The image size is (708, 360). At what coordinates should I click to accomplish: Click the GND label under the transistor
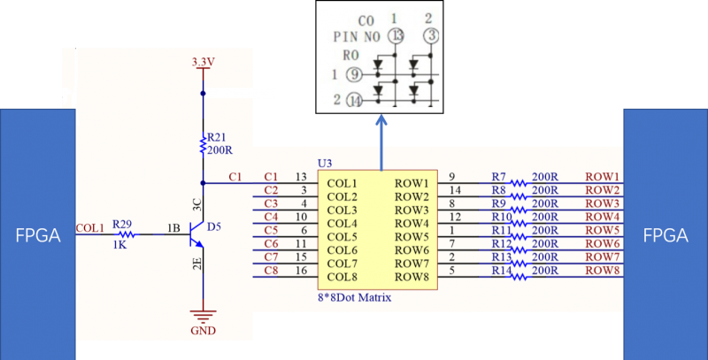click(x=204, y=331)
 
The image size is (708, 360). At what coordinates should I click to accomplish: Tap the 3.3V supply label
click(x=204, y=62)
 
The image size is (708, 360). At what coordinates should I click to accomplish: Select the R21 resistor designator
click(x=217, y=138)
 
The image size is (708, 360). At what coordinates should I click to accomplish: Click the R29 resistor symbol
click(x=127, y=234)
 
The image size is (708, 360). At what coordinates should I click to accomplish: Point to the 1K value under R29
click(x=119, y=246)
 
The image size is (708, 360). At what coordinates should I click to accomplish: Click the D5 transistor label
click(x=214, y=227)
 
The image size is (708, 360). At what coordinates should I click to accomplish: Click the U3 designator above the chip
click(x=325, y=164)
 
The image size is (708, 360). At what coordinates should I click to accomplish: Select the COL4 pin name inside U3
click(x=342, y=223)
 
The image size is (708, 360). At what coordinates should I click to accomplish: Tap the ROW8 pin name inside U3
click(x=412, y=277)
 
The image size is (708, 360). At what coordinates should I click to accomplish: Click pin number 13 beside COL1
click(x=301, y=176)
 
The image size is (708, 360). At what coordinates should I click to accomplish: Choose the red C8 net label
click(x=271, y=271)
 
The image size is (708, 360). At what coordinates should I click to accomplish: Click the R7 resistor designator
click(x=499, y=176)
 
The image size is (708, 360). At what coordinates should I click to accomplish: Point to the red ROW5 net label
click(x=603, y=230)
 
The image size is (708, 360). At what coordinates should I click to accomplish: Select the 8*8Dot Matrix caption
click(x=355, y=298)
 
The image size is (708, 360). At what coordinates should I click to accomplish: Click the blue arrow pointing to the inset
click(x=381, y=142)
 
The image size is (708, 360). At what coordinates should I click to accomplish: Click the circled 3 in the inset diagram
click(x=432, y=35)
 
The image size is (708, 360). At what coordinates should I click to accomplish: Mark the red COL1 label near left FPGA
click(x=90, y=228)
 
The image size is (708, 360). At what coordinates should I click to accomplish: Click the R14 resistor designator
click(x=501, y=271)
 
